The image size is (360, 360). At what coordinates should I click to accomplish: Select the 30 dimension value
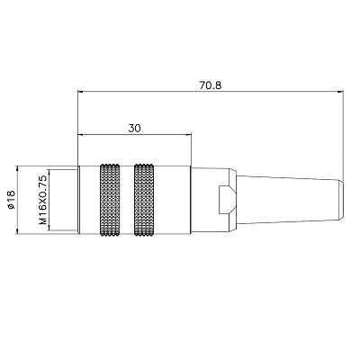click(x=135, y=129)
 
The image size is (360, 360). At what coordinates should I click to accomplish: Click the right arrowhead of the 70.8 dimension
click(x=342, y=92)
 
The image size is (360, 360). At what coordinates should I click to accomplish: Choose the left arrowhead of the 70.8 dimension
click(x=82, y=92)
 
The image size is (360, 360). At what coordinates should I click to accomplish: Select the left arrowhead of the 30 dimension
click(x=82, y=136)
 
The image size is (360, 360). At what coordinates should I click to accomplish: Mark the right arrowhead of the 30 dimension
click(x=187, y=136)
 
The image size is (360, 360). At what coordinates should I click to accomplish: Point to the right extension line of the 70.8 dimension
click(x=346, y=135)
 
